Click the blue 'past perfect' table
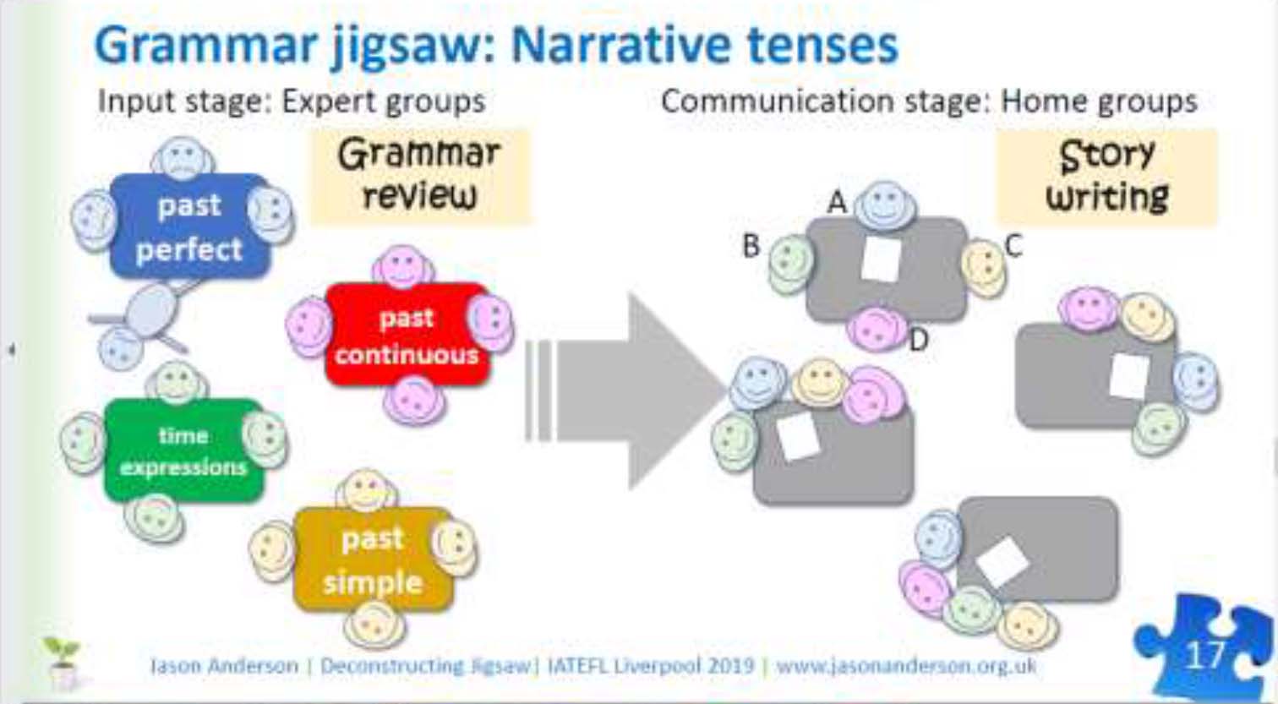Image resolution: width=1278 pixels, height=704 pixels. pos(189,226)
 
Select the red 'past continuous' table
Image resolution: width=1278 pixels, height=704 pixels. pos(407,336)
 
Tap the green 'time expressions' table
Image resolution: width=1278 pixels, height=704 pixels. pos(183,450)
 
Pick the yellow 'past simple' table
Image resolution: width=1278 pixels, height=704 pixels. pos(372,559)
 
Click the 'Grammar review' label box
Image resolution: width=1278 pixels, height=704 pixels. pos(420,176)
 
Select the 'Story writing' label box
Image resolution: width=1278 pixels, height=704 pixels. pos(1106,176)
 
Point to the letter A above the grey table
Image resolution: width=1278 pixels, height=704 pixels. pos(837,203)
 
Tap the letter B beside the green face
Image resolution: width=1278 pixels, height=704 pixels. pos(751,245)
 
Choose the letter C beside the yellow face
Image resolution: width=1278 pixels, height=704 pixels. pos(1013,245)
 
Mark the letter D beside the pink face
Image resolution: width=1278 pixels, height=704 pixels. pos(919,340)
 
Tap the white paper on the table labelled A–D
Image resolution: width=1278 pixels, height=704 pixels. pos(881,259)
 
